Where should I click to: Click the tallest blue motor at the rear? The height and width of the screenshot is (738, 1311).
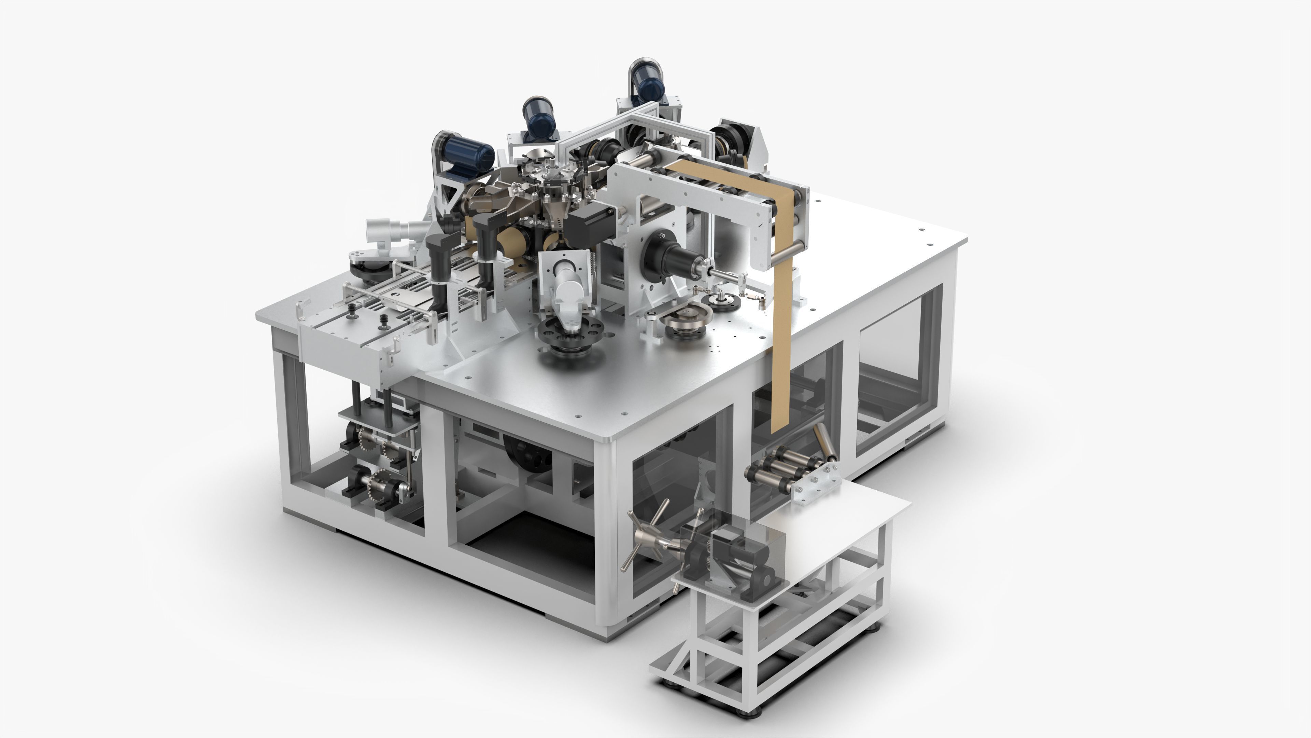[x=647, y=82]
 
